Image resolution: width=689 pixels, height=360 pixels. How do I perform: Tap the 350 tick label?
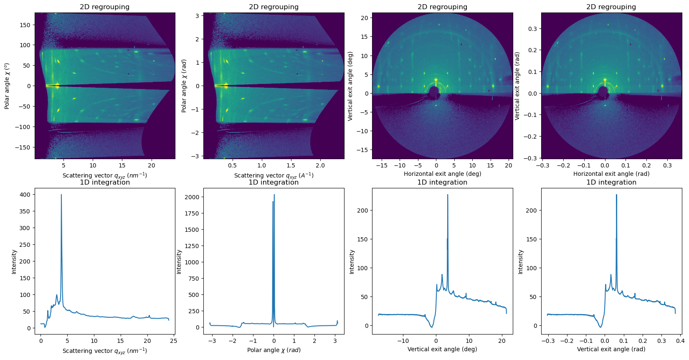point(26,211)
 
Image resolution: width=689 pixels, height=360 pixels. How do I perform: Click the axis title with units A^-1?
point(274,175)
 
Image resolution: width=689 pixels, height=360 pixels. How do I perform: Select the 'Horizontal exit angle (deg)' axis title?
point(442,174)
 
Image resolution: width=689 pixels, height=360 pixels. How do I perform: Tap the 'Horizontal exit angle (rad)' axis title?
point(611,174)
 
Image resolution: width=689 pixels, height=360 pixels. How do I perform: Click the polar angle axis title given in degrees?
point(7,86)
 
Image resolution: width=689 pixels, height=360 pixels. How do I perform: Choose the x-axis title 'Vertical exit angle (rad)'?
point(611,349)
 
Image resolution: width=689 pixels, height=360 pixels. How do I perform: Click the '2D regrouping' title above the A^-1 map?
point(274,7)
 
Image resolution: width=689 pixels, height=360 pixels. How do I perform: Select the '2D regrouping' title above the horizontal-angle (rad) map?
point(611,7)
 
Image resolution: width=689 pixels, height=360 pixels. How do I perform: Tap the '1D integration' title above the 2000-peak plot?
point(274,183)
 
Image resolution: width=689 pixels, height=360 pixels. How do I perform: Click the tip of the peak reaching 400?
point(61,195)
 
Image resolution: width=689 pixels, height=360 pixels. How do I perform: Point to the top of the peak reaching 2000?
point(274,195)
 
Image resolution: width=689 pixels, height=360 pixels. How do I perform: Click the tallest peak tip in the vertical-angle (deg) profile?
point(448,195)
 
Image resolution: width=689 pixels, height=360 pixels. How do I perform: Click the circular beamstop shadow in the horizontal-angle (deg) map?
point(434,91)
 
